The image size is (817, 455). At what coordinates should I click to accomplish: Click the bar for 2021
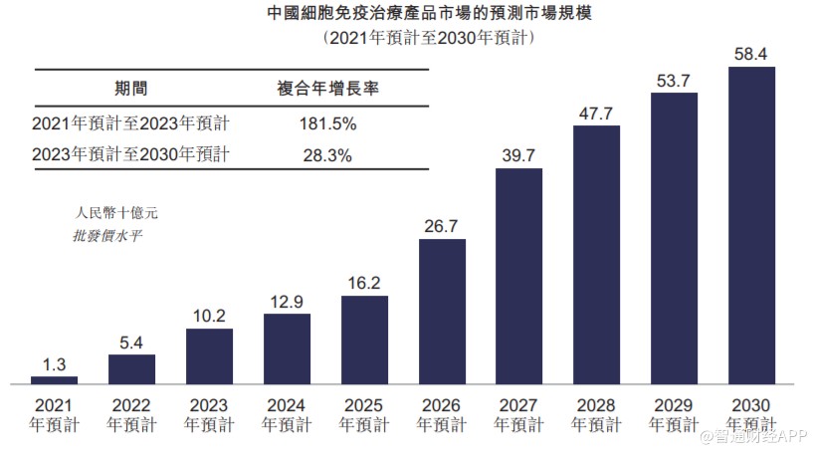pyautogui.click(x=54, y=379)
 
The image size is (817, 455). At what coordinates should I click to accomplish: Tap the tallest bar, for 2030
pyautogui.click(x=752, y=225)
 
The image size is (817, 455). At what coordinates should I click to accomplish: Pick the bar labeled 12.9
pyautogui.click(x=287, y=348)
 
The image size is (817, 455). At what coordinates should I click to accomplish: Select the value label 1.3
pyautogui.click(x=54, y=363)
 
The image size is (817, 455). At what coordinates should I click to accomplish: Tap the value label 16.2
pyautogui.click(x=364, y=283)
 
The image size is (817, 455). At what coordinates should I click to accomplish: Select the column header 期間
pyautogui.click(x=130, y=88)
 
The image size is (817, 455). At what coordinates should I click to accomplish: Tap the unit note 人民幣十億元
pyautogui.click(x=116, y=212)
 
